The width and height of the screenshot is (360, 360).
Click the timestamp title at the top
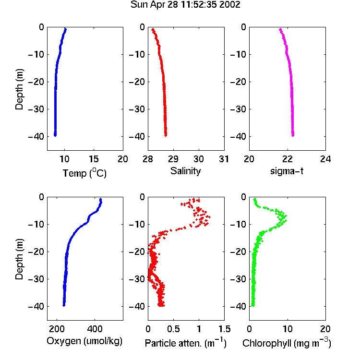pos(185,4)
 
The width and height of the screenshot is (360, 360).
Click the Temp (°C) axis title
pos(84,173)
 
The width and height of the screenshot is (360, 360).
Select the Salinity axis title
pos(185,171)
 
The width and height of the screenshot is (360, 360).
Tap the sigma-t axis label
pos(287,171)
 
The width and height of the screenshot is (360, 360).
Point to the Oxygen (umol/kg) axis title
pos(84,341)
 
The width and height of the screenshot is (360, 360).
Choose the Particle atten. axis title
pos(185,343)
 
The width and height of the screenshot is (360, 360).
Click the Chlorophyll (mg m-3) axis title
pos(287,343)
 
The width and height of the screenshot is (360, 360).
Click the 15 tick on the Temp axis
pos(94,159)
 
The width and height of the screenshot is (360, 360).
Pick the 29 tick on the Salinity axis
pos(173,159)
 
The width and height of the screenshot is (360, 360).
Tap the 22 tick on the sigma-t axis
pos(287,159)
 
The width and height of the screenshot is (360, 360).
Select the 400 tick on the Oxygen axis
pos(95,329)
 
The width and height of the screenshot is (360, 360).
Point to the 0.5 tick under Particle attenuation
pos(173,329)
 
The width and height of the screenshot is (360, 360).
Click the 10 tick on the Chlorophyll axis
pos(287,329)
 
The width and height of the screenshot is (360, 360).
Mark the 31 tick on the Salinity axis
pos(224,159)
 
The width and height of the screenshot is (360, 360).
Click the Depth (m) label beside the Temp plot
pos(19,89)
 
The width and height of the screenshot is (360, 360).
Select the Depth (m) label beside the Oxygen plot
pos(19,259)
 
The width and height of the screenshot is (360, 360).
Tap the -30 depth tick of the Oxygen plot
pos(36,279)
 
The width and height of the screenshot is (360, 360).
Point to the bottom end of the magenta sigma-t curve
pos(293,135)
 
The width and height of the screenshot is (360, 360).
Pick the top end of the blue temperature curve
pos(66,29)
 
